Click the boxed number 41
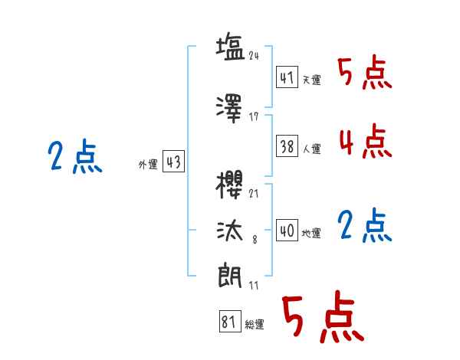coord(287,78)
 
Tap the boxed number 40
coord(287,231)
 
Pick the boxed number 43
coord(173,162)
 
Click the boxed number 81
coord(228,322)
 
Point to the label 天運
coord(311,80)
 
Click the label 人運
coord(311,149)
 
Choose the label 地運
coord(311,233)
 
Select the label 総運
coord(254,325)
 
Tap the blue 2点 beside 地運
coord(364,226)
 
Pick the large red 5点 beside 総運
coord(322,318)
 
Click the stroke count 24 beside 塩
coord(255,55)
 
